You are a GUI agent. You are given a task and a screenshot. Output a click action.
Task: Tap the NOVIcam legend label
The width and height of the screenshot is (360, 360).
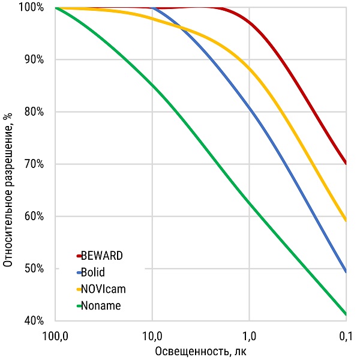coord(103,289)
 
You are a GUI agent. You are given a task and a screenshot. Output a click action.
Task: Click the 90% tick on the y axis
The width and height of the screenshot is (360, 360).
coord(34,59)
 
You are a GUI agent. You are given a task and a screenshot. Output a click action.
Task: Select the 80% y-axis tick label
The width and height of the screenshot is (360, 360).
coord(34,112)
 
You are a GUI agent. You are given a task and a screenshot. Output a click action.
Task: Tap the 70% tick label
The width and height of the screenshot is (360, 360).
coord(34,164)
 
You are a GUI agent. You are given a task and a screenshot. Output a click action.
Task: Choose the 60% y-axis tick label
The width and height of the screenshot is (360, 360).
coord(34,216)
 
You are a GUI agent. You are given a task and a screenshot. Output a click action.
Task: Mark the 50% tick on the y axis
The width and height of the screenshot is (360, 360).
coord(34,268)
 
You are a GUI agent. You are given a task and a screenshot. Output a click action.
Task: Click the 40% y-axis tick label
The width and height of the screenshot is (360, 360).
coord(34,320)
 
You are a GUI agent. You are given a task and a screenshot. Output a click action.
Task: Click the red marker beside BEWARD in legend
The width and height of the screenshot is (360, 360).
coord(79,256)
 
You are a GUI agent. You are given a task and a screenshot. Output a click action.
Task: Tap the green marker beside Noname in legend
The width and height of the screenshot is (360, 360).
coord(79,306)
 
